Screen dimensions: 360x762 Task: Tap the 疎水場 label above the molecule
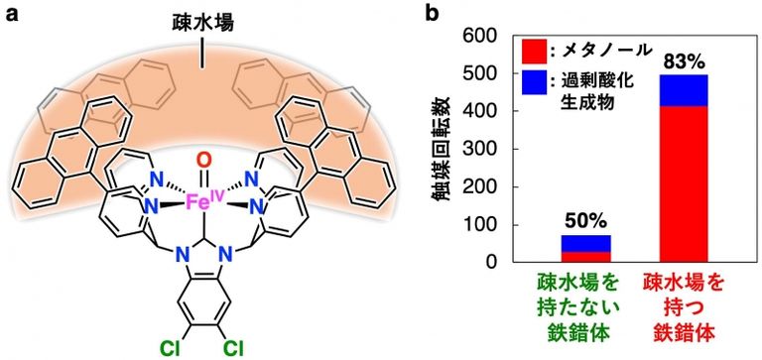pyautogui.click(x=203, y=21)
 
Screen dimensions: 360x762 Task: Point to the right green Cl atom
pyautogui.click(x=235, y=347)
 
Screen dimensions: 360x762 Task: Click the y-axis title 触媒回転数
pyautogui.click(x=442, y=149)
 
